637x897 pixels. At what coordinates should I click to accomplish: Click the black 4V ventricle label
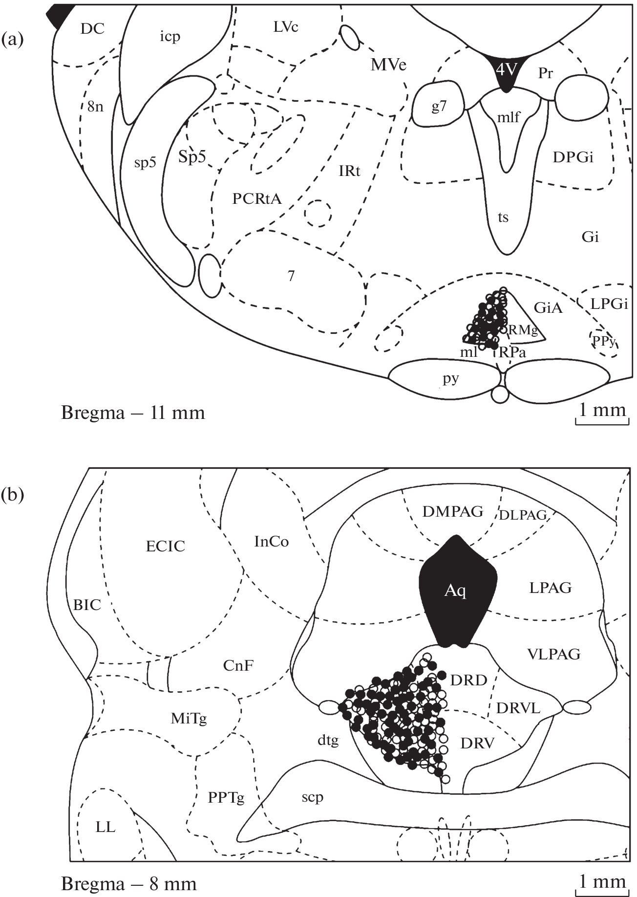tap(506, 70)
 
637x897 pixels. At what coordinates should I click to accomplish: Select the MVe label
tap(388, 65)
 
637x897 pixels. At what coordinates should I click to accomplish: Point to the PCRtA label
tap(257, 198)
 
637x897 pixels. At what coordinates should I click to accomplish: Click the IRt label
tap(349, 171)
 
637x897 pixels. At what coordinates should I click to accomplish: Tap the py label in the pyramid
tap(451, 378)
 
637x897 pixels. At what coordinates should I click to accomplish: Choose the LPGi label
tap(609, 304)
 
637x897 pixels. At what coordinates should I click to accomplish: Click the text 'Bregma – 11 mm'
tap(133, 413)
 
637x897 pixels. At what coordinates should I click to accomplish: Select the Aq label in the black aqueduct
tap(455, 591)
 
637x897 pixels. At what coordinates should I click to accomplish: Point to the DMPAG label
tap(453, 512)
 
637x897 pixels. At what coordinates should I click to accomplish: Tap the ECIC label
tap(166, 546)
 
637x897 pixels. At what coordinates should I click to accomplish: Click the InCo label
tap(272, 542)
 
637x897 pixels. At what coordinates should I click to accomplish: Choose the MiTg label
tap(189, 719)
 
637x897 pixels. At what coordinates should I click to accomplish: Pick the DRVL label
tap(518, 708)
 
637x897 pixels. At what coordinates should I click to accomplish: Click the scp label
tap(312, 797)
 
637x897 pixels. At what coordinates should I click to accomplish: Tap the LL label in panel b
tap(106, 827)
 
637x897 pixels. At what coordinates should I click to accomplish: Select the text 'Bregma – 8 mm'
tap(129, 884)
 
